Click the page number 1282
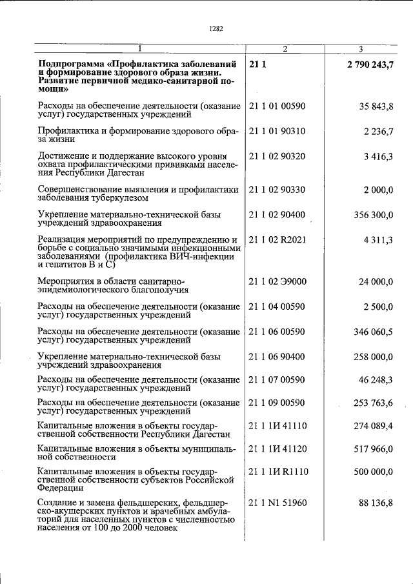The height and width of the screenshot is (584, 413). pos(216,28)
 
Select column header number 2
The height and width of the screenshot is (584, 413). pos(285,49)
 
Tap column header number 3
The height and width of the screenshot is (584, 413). pos(361,49)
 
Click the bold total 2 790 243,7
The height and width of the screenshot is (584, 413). pos(369,64)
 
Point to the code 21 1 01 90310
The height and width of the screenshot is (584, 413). pos(277,132)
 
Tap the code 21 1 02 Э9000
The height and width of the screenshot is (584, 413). pos(277,281)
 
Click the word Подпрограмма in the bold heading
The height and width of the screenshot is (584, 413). pos(72,64)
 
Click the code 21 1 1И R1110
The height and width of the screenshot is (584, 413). pos(278,472)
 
